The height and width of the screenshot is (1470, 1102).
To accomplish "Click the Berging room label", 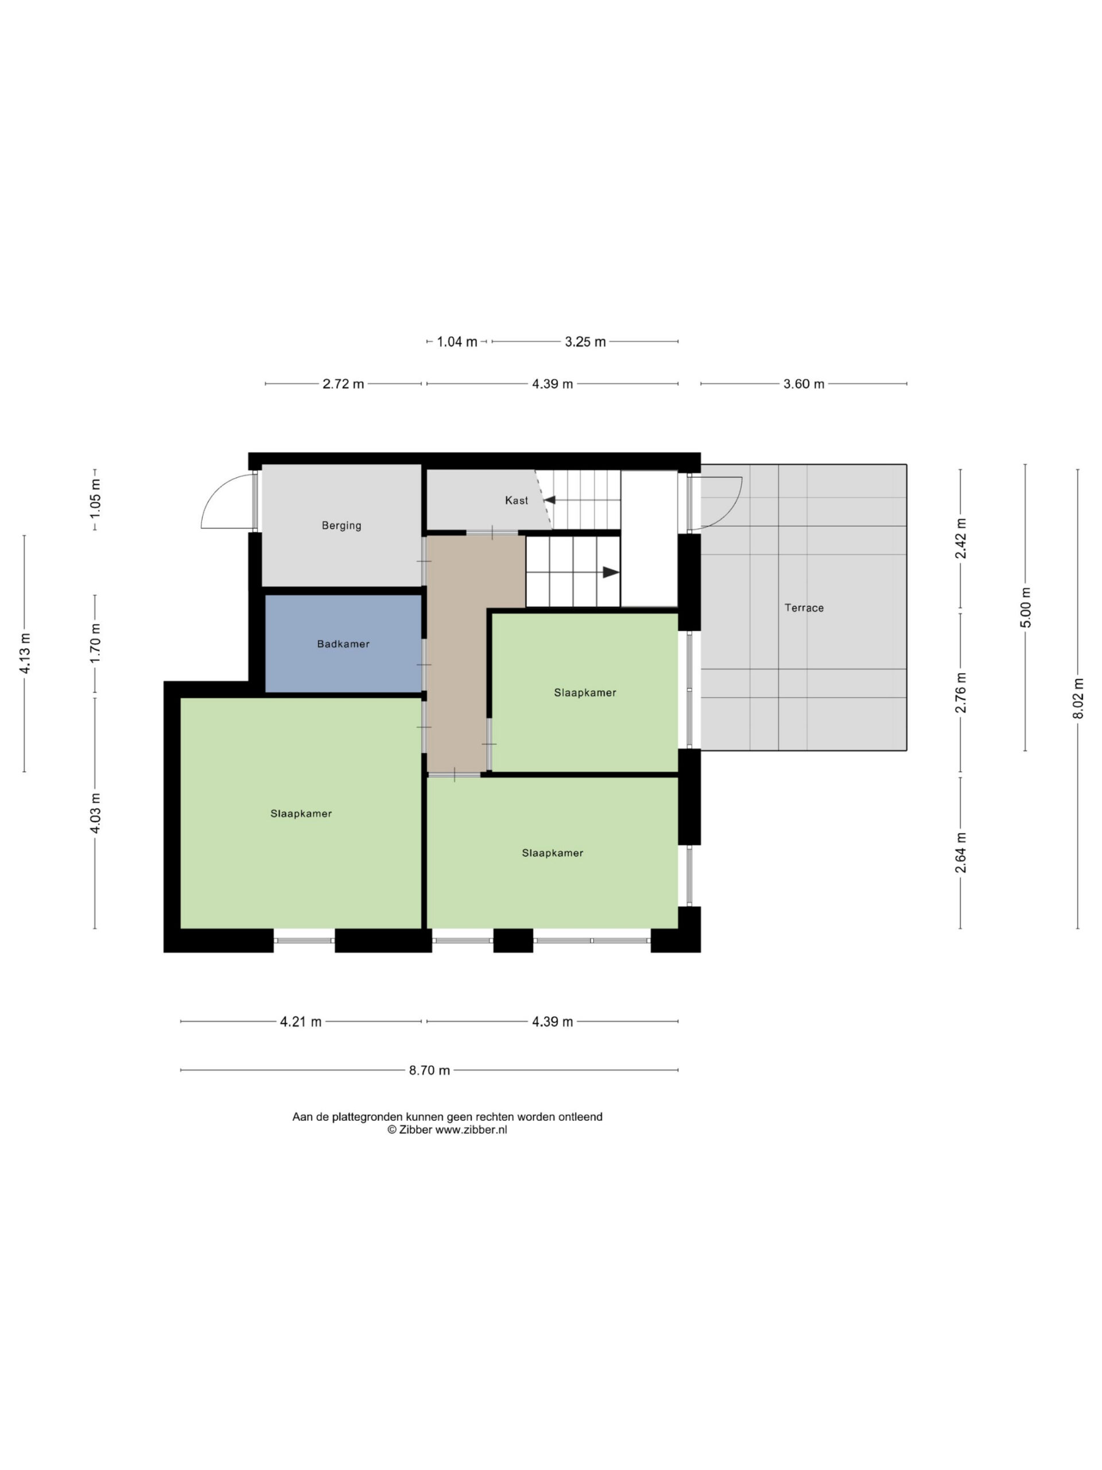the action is [x=342, y=525].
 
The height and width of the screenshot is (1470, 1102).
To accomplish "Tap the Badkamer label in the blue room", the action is [x=343, y=644].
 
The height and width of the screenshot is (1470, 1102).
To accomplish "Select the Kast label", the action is [x=516, y=500].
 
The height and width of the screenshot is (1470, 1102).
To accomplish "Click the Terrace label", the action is [x=804, y=608].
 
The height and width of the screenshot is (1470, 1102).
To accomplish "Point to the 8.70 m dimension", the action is [x=429, y=1070].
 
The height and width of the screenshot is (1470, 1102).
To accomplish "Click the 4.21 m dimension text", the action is [x=300, y=1022].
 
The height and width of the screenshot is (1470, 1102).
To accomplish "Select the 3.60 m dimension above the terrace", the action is [x=804, y=384].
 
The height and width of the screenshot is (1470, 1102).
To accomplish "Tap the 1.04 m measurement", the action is [x=457, y=342].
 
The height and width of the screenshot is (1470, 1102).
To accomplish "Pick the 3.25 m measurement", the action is [x=585, y=342].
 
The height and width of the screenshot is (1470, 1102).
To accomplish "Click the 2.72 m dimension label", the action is [x=343, y=384].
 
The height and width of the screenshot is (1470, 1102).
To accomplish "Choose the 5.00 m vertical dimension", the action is [x=1026, y=607].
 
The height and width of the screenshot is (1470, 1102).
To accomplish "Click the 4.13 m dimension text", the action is [x=25, y=653].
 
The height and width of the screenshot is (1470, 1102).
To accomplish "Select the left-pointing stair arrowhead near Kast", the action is [x=549, y=500].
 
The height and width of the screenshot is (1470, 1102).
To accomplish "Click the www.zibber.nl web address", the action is [x=471, y=1129].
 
